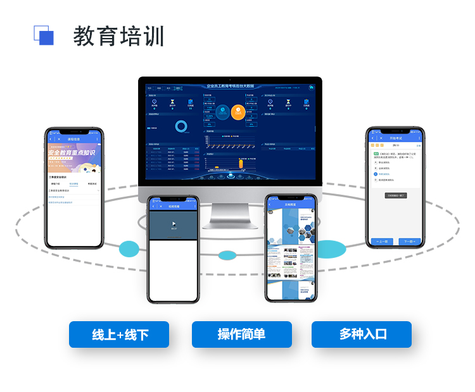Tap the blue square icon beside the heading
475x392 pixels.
click(44, 35)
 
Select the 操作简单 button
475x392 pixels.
click(241, 334)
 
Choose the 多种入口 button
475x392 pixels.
click(362, 334)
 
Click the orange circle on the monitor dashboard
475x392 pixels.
click(237, 112)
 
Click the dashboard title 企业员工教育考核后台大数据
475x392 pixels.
click(230, 85)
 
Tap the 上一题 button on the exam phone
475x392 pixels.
click(381, 242)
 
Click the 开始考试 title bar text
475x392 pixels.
click(396, 137)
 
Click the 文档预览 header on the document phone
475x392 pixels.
click(291, 205)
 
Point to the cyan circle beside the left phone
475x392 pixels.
click(129, 248)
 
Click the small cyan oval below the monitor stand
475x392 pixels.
click(227, 255)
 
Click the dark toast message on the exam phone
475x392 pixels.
click(395, 195)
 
